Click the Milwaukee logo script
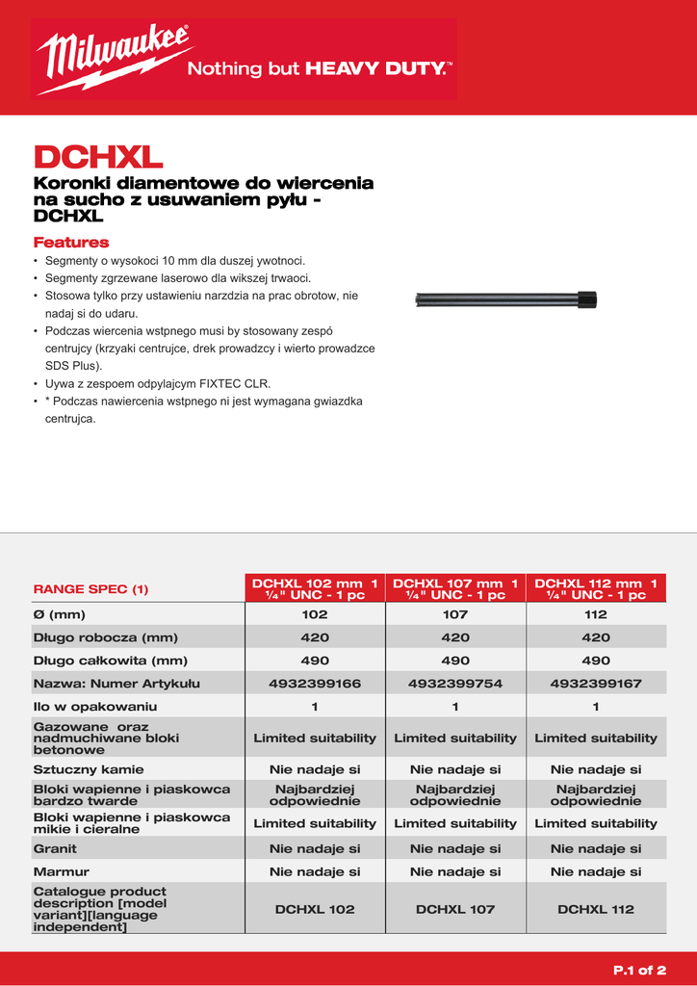pyautogui.click(x=114, y=58)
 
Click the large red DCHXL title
pyautogui.click(x=98, y=156)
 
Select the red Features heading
pyautogui.click(x=71, y=243)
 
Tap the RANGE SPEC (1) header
pyautogui.click(x=91, y=588)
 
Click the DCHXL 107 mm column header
pyautogui.click(x=455, y=588)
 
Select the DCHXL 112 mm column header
pyautogui.click(x=596, y=588)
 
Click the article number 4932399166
pyautogui.click(x=315, y=684)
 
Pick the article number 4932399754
pyautogui.click(x=455, y=684)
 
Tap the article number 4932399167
pyautogui.click(x=596, y=684)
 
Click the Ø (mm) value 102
pyautogui.click(x=315, y=614)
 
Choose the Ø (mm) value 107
pyautogui.click(x=455, y=614)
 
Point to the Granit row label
pyautogui.click(x=55, y=848)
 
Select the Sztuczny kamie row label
pyautogui.click(x=89, y=769)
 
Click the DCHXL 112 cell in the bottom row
pyautogui.click(x=596, y=909)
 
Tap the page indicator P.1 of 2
pyautogui.click(x=639, y=969)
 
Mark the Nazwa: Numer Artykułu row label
pyautogui.click(x=116, y=684)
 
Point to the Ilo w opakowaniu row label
pyautogui.click(x=95, y=707)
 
